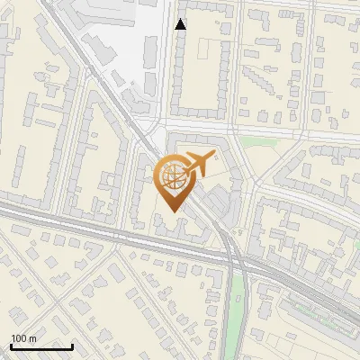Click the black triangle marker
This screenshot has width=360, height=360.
tap(181, 25)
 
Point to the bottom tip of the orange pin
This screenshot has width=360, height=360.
tap(173, 212)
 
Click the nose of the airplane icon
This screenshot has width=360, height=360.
tap(215, 156)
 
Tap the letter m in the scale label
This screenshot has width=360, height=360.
tap(32, 338)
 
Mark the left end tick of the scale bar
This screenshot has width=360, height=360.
tap(11, 346)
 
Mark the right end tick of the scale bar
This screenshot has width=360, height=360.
tap(73, 346)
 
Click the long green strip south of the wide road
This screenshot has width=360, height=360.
tap(238, 306)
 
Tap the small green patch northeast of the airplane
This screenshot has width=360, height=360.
tap(256, 142)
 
